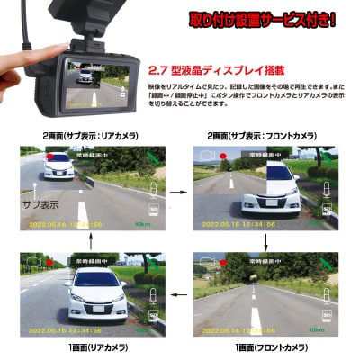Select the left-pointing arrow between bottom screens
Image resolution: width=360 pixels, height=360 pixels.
click(177, 292)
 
